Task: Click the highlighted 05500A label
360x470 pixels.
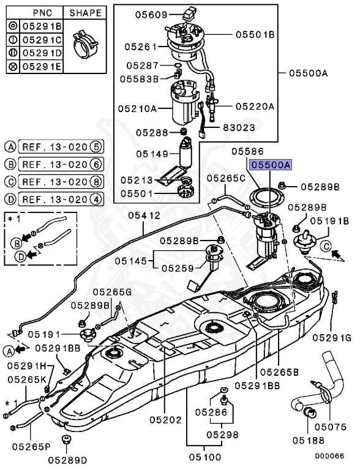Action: click(x=271, y=165)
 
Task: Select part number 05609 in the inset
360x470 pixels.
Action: click(x=151, y=14)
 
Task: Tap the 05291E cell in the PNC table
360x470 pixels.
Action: click(x=42, y=66)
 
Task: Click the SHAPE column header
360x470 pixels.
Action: click(x=85, y=13)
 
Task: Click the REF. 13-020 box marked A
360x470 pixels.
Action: click(x=61, y=147)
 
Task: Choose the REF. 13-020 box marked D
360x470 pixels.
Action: click(x=61, y=199)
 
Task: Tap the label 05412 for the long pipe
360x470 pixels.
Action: click(x=144, y=215)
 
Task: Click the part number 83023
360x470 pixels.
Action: click(x=239, y=127)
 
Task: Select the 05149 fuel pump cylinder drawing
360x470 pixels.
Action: click(x=187, y=153)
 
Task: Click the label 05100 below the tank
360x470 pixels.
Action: click(x=205, y=457)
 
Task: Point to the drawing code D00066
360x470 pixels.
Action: click(x=329, y=456)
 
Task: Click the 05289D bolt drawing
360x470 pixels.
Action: click(x=66, y=441)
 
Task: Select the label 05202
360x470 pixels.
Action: click(x=165, y=420)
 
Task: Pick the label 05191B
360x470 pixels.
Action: click(x=329, y=221)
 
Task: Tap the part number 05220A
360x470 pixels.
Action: click(x=255, y=106)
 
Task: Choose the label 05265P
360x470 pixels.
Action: click(x=31, y=446)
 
